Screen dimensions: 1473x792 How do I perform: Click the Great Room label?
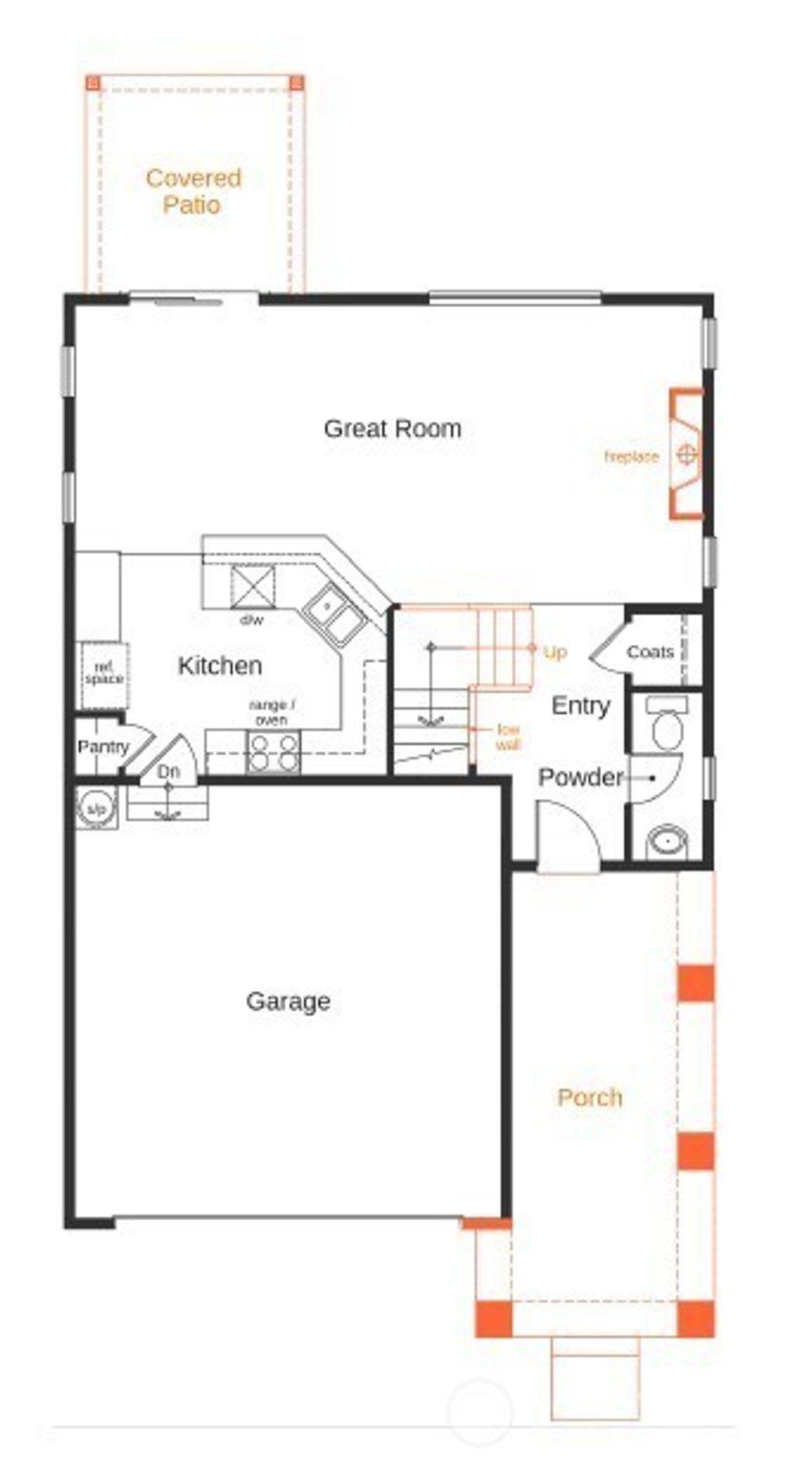pos(392,429)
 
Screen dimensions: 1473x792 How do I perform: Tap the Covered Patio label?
pos(193,191)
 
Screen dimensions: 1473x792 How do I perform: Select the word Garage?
pos(288,1001)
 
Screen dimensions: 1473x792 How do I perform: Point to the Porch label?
pos(589,1097)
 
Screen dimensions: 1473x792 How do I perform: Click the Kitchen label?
pos(220,665)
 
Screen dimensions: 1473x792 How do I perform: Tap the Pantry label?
pos(103,747)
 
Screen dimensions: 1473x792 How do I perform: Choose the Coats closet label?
pos(650,652)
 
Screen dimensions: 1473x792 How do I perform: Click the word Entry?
pos(580,705)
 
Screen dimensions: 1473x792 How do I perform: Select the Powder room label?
pos(580,777)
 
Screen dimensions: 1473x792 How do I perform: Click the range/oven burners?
pos(272,752)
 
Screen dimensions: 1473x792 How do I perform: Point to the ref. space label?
pos(104,674)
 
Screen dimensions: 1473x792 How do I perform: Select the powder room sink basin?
pos(667,841)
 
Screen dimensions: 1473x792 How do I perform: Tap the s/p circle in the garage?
pos(96,808)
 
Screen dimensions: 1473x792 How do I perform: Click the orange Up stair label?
pos(555,652)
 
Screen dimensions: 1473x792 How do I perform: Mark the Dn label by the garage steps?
pos(169,771)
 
